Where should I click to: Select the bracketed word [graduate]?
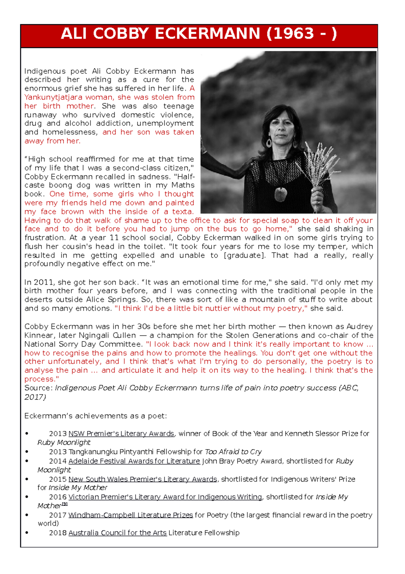(244, 255)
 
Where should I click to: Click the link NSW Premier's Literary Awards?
(121, 433)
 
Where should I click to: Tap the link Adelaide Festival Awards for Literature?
(134, 461)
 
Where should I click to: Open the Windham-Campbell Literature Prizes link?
(131, 515)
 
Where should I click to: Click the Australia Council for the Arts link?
(117, 533)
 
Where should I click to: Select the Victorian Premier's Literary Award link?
(165, 497)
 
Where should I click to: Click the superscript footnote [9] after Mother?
(65, 504)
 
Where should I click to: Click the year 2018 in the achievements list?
(58, 533)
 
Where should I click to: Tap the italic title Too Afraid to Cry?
(233, 452)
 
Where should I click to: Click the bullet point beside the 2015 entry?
(27, 479)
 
